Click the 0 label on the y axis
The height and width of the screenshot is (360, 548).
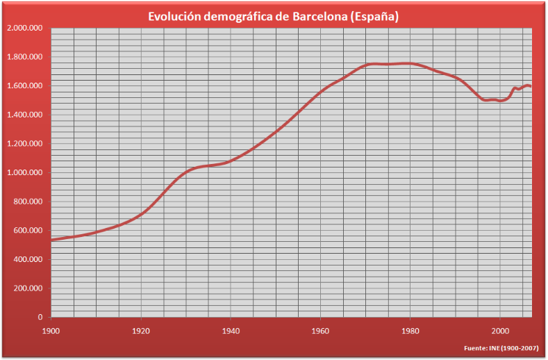click(41, 317)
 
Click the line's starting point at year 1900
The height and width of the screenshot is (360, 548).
click(52, 240)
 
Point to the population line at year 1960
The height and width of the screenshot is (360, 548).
click(320, 91)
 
